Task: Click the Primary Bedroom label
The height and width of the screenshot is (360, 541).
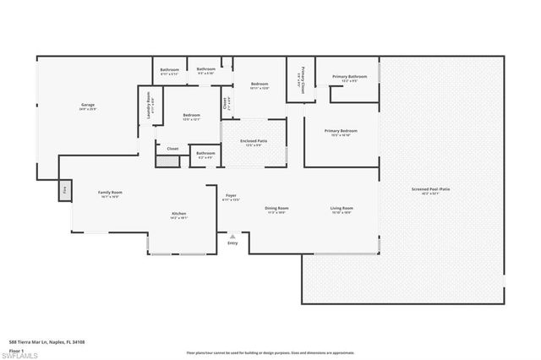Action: (x=342, y=132)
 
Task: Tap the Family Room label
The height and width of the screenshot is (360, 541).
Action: (x=110, y=194)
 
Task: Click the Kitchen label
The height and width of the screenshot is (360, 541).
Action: (x=178, y=215)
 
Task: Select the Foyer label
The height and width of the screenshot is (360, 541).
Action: (x=230, y=197)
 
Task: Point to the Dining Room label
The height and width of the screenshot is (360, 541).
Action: (x=276, y=209)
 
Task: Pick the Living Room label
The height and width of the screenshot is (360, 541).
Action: (x=342, y=209)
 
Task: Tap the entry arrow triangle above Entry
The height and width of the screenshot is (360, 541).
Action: (x=232, y=237)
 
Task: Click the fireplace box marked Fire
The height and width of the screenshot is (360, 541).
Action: (x=64, y=190)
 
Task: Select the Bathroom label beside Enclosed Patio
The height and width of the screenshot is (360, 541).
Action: (x=205, y=155)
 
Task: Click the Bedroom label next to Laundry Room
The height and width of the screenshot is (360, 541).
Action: (x=191, y=116)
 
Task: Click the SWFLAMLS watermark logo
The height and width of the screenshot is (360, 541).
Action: (x=20, y=355)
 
